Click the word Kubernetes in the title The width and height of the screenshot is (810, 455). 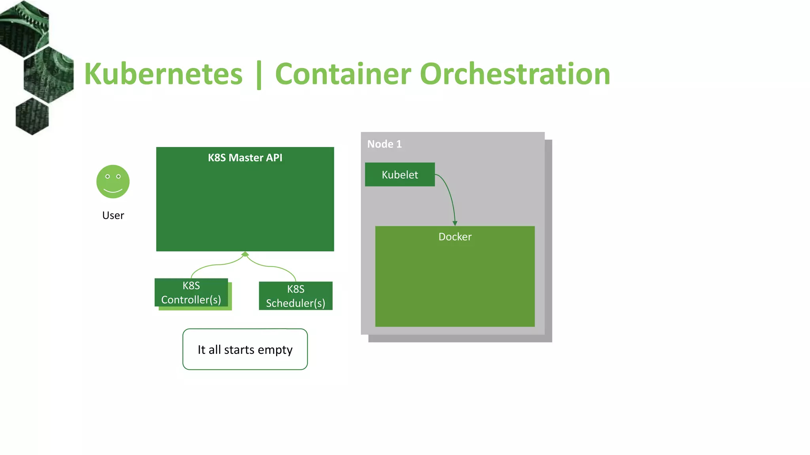click(163, 74)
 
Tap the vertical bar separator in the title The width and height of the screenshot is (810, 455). click(259, 75)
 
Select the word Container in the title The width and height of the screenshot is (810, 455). click(343, 74)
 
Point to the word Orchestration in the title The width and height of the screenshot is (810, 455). click(515, 74)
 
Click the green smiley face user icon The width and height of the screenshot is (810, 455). click(113, 182)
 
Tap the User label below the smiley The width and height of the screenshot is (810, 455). click(113, 215)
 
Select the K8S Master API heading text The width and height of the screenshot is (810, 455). click(245, 158)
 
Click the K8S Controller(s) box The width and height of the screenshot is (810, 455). click(191, 293)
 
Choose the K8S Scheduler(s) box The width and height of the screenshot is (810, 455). click(295, 296)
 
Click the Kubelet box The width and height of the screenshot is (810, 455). click(399, 175)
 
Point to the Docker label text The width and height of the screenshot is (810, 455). click(455, 237)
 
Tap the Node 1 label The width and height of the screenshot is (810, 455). click(384, 144)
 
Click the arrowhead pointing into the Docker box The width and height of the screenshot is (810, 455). click(455, 224)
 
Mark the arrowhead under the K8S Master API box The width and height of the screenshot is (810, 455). click(245, 254)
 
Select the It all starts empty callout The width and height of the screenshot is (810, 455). click(245, 350)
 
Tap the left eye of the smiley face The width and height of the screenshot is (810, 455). click(108, 177)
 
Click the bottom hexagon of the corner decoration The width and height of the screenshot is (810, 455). click(32, 117)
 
